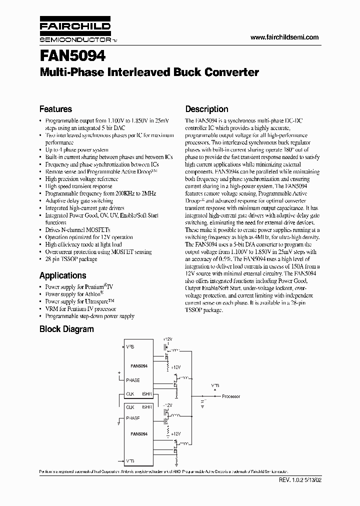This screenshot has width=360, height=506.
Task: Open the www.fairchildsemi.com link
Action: [x=283, y=37]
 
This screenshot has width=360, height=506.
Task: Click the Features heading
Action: [x=55, y=109]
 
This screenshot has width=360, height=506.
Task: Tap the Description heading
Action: [x=206, y=109]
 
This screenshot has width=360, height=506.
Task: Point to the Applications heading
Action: [x=62, y=275]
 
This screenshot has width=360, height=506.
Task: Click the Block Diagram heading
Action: [x=66, y=329]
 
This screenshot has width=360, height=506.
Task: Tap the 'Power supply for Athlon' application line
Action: [x=70, y=294]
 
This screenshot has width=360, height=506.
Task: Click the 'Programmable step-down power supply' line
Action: [x=89, y=316]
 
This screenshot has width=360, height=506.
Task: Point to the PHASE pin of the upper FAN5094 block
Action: [x=133, y=380]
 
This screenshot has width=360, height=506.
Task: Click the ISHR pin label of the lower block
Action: [x=147, y=407]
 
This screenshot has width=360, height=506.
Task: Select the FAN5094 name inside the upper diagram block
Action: [x=139, y=366]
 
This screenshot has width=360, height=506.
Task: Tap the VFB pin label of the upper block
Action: [x=130, y=346]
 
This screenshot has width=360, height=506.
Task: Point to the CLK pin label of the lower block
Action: [x=130, y=407]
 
